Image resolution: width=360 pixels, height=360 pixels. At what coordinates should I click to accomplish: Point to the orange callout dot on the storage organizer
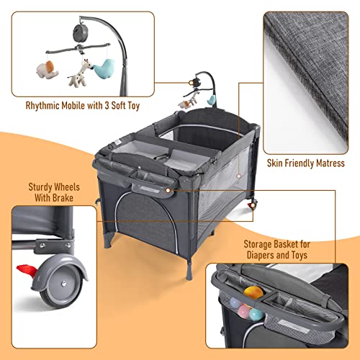tap(168, 189)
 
